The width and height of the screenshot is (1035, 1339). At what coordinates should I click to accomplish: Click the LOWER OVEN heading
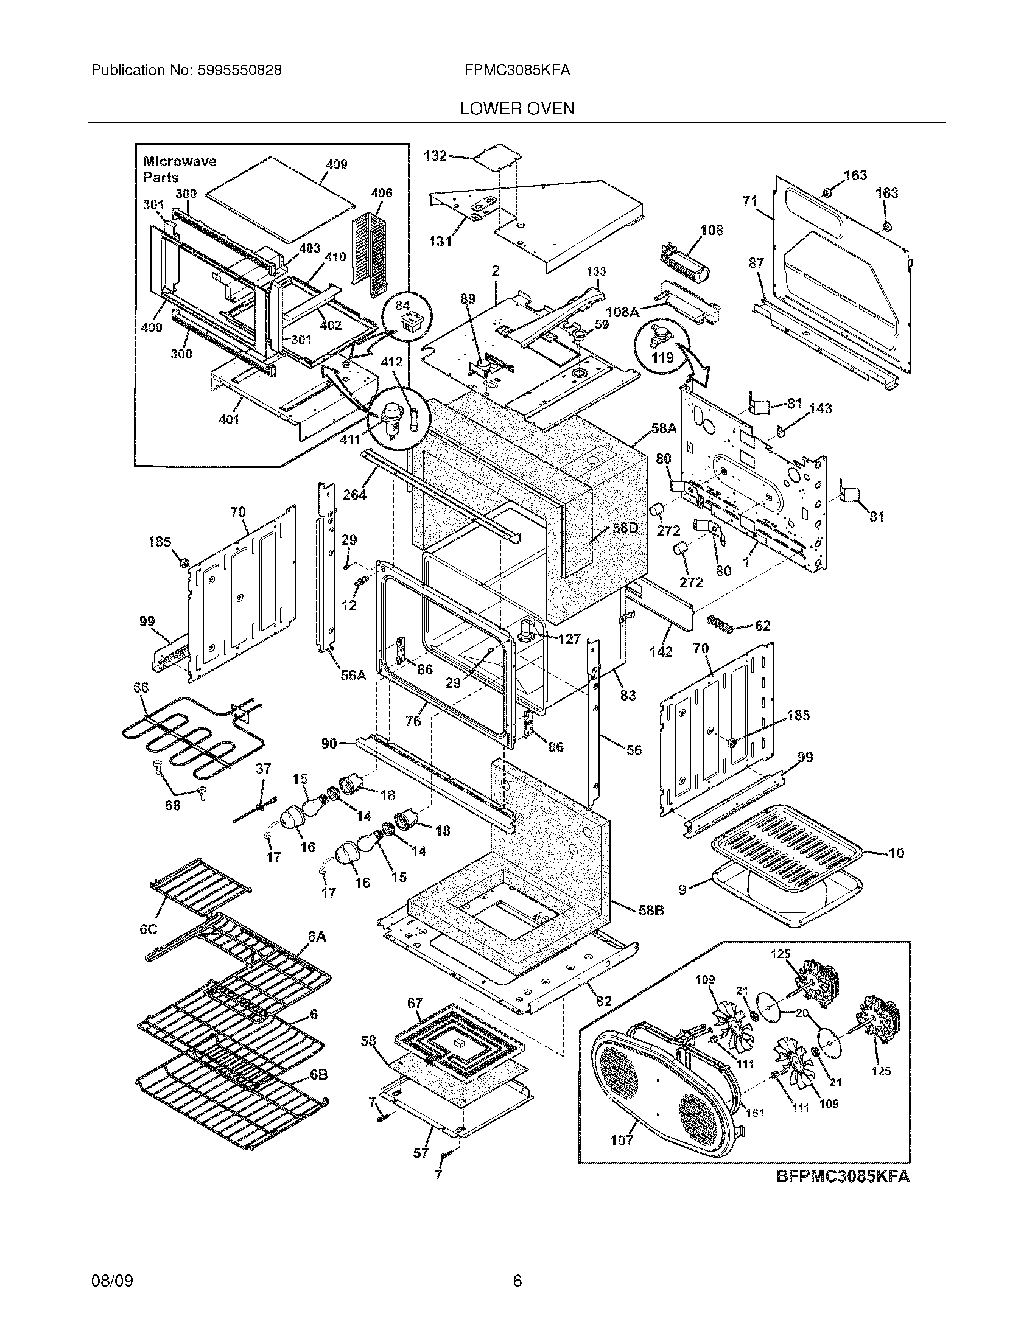click(x=517, y=109)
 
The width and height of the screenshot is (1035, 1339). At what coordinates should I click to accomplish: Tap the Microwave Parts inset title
click(x=179, y=169)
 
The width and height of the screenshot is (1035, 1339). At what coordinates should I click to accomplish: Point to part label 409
click(x=336, y=164)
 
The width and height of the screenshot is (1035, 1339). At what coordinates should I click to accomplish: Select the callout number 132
click(x=435, y=156)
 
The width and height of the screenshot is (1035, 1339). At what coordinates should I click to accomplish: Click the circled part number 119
click(x=662, y=357)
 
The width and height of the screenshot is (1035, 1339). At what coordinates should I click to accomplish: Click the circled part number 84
click(x=402, y=306)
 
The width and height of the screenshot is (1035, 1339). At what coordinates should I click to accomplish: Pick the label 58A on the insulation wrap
click(x=664, y=428)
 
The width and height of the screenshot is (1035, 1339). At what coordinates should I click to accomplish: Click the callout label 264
click(x=354, y=494)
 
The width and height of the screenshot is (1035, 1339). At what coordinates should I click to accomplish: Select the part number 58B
click(x=652, y=928)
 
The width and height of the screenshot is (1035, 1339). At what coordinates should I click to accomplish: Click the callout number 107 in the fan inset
click(x=621, y=1141)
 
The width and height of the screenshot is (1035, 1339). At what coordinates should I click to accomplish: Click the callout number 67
click(x=415, y=1004)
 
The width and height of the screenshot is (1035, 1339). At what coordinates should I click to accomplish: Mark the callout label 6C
click(x=149, y=929)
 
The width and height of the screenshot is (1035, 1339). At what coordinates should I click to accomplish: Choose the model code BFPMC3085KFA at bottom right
click(x=843, y=1176)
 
